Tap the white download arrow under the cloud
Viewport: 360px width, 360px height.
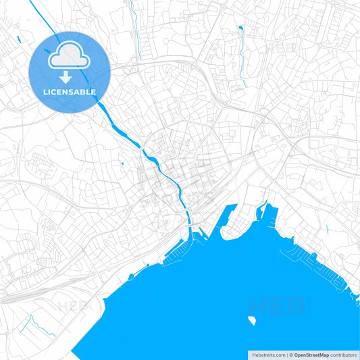(65, 78)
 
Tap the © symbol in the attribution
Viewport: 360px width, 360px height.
(291, 354)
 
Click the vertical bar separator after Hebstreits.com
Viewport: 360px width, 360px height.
(286, 354)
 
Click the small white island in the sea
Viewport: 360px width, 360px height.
(252, 319)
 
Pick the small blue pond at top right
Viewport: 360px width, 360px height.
(240, 29)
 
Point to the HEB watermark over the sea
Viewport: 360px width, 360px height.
(277, 305)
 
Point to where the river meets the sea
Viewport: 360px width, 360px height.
(191, 230)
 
